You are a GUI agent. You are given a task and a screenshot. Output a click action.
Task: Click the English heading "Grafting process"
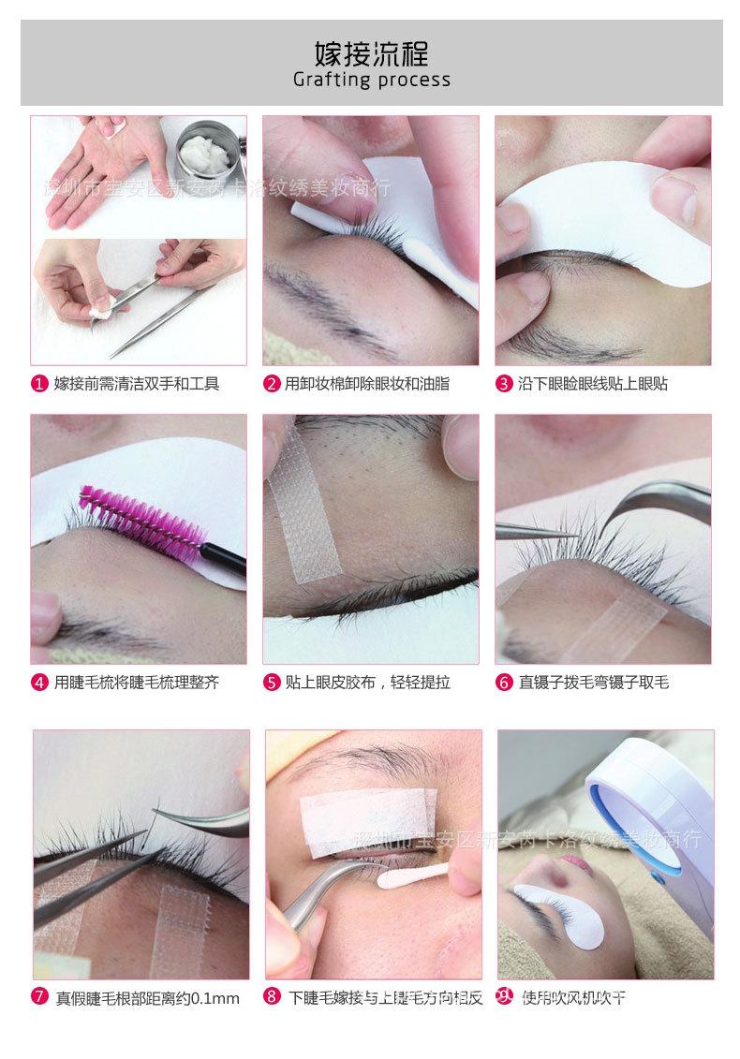(372, 80)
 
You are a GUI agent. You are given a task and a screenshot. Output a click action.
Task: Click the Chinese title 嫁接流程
(372, 51)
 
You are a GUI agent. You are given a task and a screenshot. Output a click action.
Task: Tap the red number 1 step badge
(39, 384)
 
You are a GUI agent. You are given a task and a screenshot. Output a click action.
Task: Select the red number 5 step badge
(272, 683)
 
